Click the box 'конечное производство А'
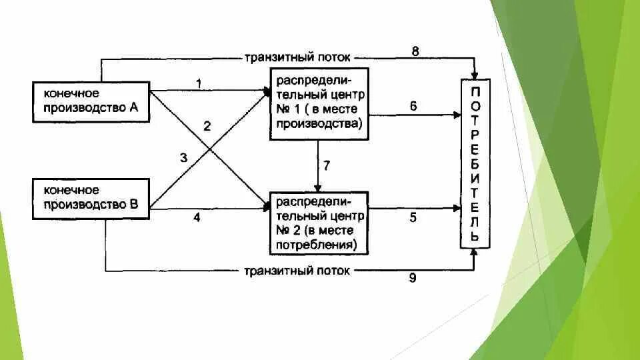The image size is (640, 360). point(91,101)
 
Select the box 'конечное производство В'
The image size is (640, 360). point(91,198)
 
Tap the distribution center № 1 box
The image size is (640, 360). point(319,103)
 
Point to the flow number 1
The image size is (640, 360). point(198,83)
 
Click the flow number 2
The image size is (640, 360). point(207,126)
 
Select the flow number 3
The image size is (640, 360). point(183,158)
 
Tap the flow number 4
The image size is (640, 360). point(197,217)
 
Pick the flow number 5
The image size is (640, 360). point(413,217)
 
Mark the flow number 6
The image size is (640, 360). point(413,105)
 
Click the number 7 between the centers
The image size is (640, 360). point(327,166)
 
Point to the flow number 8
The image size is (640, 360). point(415,51)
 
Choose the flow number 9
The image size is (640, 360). point(413,279)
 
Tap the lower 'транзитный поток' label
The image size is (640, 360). point(297,271)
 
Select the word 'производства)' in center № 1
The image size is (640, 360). point(319,123)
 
